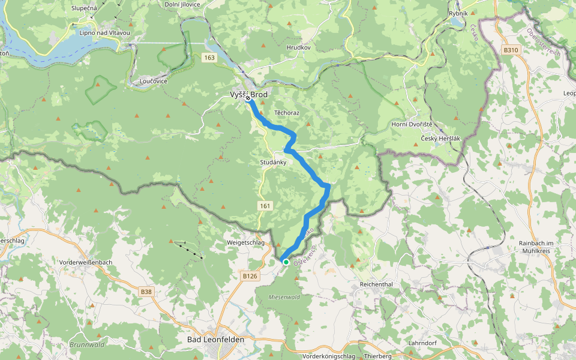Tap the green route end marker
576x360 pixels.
[x=286, y=262]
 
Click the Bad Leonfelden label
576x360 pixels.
[x=216, y=340]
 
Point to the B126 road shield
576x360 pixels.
[x=250, y=276]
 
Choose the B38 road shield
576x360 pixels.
[x=146, y=292]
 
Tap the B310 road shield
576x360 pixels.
[x=511, y=50]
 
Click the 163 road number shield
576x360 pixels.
[x=209, y=58]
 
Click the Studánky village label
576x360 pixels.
[x=274, y=163]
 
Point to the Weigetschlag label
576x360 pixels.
[x=245, y=242]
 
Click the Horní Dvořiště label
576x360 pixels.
[x=424, y=124]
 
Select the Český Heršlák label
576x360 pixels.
[x=440, y=138]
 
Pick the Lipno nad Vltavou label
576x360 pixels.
[x=104, y=32]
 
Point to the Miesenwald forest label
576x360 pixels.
[x=284, y=296]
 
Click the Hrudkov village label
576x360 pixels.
[x=298, y=47]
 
